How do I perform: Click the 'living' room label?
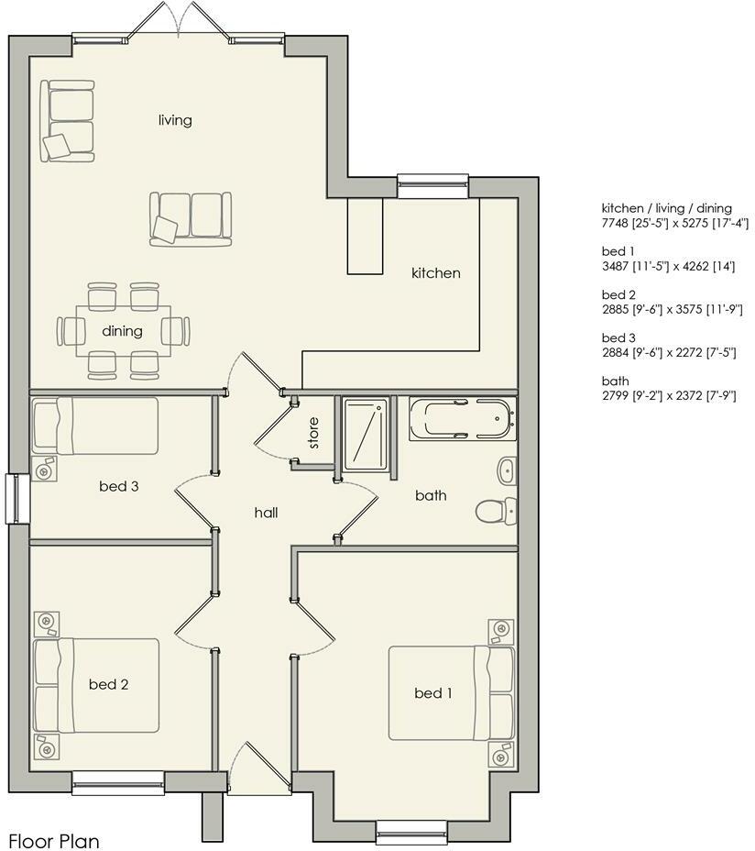tap(174, 120)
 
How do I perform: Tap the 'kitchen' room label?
tap(435, 272)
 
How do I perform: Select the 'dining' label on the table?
tap(122, 331)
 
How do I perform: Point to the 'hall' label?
tap(266, 513)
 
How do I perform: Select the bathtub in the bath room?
tap(459, 418)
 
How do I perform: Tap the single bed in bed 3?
tap(95, 425)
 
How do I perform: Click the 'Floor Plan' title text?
tap(53, 840)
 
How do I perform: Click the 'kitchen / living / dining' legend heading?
tap(666, 208)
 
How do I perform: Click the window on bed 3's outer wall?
tap(16, 499)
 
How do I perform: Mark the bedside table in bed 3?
tap(43, 470)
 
